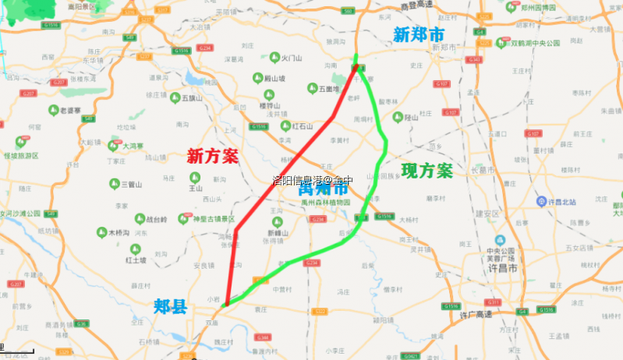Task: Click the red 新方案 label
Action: [x=213, y=157]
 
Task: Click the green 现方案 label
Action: [x=427, y=171]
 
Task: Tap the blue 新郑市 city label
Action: [x=419, y=34]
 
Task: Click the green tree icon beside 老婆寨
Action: [x=54, y=111]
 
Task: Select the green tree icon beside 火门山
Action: [x=274, y=57]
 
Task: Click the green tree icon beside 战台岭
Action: [x=140, y=219]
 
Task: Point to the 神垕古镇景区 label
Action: [x=214, y=219]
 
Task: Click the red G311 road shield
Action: [x=492, y=302]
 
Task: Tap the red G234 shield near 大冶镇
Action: [x=205, y=48]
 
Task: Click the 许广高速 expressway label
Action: [x=476, y=314]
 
